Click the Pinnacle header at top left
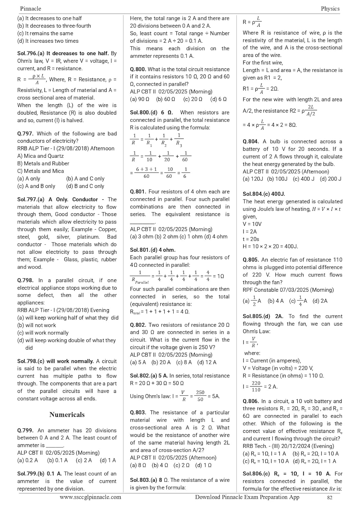click(x=31, y=8)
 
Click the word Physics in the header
click(x=330, y=8)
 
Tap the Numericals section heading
click(x=67, y=414)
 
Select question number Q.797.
click(x=25, y=134)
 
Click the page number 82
click(x=329, y=498)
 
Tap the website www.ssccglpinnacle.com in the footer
click(x=90, y=497)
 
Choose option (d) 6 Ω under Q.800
click(x=218, y=99)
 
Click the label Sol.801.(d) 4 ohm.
click(x=153, y=250)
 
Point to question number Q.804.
click(x=251, y=142)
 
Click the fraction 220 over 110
click(x=256, y=387)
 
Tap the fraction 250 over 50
click(x=200, y=396)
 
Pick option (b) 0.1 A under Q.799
click(x=57, y=460)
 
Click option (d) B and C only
click(x=85, y=186)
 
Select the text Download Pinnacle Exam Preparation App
click(x=247, y=497)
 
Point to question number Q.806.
click(x=251, y=401)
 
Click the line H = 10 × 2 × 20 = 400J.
click(x=270, y=246)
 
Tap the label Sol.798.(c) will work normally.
click(x=55, y=361)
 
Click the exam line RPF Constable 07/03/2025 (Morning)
click(x=288, y=290)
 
